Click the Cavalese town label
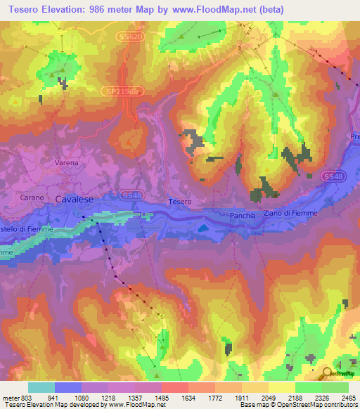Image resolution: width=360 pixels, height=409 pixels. (x=74, y=199)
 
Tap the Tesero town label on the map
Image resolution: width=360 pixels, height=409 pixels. (x=179, y=202)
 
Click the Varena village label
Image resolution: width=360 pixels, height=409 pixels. (x=67, y=162)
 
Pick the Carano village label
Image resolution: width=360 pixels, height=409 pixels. (x=32, y=197)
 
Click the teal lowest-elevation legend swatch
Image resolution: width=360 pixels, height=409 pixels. (x=41, y=387)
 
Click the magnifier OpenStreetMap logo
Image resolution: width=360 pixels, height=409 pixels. (x=328, y=373)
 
